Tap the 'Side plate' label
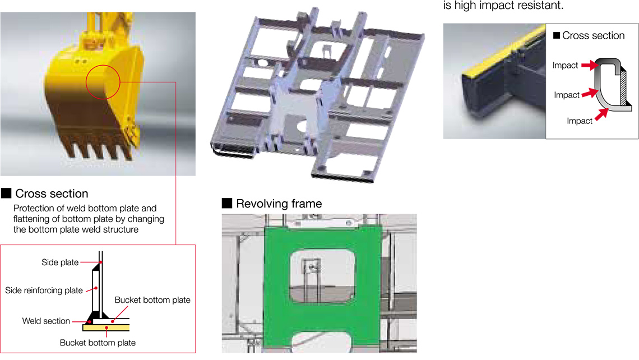click(60, 262)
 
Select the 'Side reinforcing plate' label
click(44, 290)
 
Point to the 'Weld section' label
click(46, 321)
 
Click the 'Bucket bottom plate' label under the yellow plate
click(98, 343)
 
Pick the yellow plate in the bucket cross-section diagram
click(106, 327)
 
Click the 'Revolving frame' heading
click(279, 204)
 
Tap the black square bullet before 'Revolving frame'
click(227, 203)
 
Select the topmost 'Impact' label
click(565, 66)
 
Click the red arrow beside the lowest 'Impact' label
click(601, 114)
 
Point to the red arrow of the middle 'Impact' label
click(590, 93)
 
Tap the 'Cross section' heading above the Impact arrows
click(594, 36)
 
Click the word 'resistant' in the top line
click(540, 6)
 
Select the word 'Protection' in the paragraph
click(34, 209)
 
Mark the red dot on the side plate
click(101, 262)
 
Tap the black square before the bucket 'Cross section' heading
click(6, 193)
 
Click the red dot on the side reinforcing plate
click(96, 288)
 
